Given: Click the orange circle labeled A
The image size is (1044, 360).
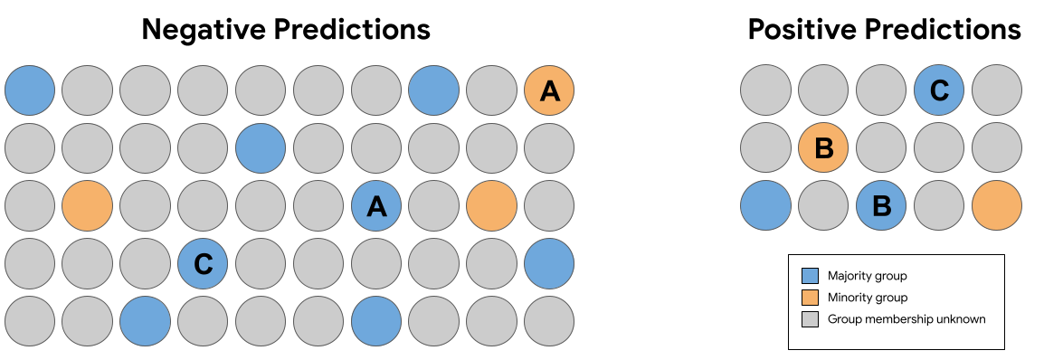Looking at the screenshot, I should [x=549, y=90].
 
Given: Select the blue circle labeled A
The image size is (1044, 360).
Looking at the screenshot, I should [x=375, y=206].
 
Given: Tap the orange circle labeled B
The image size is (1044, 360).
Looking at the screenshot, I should [x=823, y=148].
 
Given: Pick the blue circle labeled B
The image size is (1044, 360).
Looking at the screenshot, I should [x=881, y=206].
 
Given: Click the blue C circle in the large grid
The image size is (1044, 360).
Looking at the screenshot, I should [x=202, y=264].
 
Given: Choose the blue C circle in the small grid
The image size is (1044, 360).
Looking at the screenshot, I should [x=939, y=90].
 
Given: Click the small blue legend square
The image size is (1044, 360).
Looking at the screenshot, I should [x=810, y=276].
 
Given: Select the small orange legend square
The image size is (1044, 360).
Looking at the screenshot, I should [x=810, y=298].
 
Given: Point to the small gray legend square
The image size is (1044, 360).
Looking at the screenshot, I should [x=810, y=319].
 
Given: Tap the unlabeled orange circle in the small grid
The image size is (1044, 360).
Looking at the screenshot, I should [x=997, y=206].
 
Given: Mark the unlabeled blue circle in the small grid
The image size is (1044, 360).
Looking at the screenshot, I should [x=765, y=206].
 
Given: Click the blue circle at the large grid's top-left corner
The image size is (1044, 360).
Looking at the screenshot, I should [x=30, y=90].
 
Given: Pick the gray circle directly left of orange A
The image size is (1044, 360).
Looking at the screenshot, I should [x=491, y=90].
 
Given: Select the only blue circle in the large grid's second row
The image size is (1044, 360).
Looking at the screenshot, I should [x=261, y=148].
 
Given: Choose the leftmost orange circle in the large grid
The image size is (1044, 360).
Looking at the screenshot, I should [x=88, y=206].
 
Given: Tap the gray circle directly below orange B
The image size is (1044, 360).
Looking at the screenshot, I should [x=823, y=206].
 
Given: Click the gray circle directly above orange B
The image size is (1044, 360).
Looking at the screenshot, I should [x=823, y=90].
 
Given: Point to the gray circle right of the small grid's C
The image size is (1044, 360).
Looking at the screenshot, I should [x=997, y=90].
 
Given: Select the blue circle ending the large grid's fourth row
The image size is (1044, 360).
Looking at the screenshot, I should [x=549, y=264].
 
